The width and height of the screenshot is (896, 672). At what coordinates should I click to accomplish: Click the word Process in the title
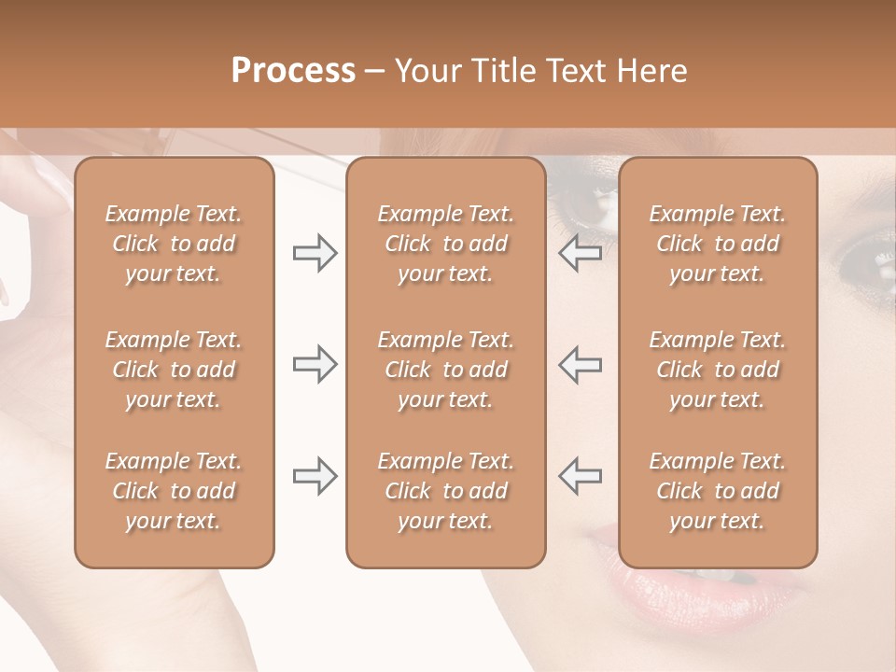[x=293, y=71]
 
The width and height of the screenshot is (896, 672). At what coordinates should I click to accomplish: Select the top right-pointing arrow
[x=315, y=253]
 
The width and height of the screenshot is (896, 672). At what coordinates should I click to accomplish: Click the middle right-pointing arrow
[x=315, y=364]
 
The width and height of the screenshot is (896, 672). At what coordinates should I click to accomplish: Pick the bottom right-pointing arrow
[x=315, y=476]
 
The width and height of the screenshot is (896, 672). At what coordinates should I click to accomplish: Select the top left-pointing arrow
[x=581, y=253]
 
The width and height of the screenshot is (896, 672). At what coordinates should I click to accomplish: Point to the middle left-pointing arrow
[x=581, y=364]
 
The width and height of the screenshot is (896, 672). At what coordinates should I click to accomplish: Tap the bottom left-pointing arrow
[x=581, y=476]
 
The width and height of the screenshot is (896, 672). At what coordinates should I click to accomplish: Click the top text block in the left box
[x=174, y=244]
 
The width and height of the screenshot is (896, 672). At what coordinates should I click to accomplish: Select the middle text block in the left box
[x=174, y=370]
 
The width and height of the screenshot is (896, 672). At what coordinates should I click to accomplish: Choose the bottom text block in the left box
[x=174, y=491]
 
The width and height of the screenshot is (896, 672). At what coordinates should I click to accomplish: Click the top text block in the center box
[x=446, y=244]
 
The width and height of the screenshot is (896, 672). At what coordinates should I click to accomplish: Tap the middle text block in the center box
[x=446, y=370]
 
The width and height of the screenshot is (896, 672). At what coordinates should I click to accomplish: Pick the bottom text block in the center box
[x=446, y=491]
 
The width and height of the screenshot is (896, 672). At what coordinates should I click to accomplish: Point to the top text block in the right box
[x=718, y=244]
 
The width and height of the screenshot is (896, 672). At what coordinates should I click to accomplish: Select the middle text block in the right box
[x=718, y=370]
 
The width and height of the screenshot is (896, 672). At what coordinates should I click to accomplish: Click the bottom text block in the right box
[x=718, y=491]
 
